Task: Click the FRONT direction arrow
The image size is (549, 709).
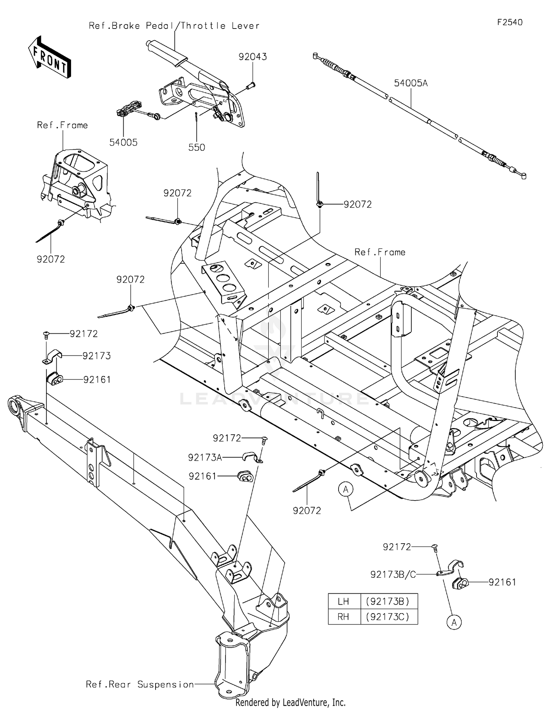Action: click(x=49, y=57)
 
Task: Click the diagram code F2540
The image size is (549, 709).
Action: click(x=510, y=22)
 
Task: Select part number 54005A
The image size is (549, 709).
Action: click(x=411, y=83)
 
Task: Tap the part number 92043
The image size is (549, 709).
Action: click(x=253, y=57)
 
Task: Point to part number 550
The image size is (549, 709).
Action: click(x=197, y=147)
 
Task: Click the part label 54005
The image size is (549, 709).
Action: click(x=123, y=142)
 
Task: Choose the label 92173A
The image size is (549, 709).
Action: click(x=205, y=458)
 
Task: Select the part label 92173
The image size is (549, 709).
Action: click(x=97, y=356)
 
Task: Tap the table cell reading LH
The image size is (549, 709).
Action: click(x=343, y=601)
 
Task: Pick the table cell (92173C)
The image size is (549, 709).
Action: click(x=388, y=617)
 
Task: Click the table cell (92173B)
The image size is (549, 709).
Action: click(x=388, y=601)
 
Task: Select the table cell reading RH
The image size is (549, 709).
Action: click(x=343, y=617)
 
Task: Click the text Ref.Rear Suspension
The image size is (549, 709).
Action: click(x=140, y=684)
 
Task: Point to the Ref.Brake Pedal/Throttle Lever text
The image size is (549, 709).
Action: click(x=174, y=26)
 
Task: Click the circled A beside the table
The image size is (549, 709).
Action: click(x=454, y=622)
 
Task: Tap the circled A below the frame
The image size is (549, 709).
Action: click(x=346, y=489)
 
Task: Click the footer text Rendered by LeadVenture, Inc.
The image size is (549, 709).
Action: click(x=291, y=702)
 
